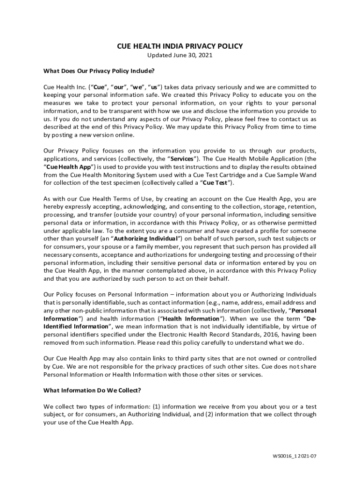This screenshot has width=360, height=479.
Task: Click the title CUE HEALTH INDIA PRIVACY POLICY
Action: click(x=180, y=46)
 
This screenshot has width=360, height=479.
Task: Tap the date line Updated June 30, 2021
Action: click(x=180, y=55)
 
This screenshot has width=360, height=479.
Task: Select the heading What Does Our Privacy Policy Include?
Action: click(x=99, y=71)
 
